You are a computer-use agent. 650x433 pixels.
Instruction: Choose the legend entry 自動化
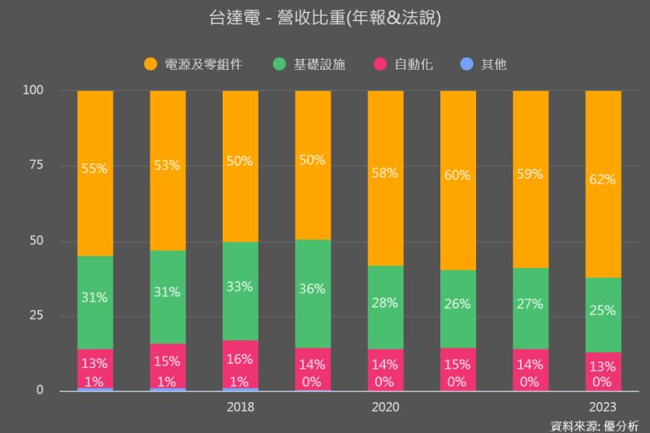pos(413,63)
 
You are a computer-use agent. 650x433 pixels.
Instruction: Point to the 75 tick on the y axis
pos(36,166)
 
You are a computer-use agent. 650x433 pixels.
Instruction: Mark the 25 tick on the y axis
pos(36,316)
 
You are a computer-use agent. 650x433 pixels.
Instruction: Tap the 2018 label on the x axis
pos(240,407)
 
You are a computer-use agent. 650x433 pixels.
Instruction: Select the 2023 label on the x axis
pos(603,407)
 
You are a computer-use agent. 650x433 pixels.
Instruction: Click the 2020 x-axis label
pos(385,407)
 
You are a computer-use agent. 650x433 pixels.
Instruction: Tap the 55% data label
pos(95,169)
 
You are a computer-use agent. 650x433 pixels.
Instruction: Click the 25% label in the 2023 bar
pos(603,310)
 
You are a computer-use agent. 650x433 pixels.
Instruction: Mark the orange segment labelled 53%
pos(167,167)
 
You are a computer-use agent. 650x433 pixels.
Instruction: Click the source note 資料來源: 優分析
pos(595,425)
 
